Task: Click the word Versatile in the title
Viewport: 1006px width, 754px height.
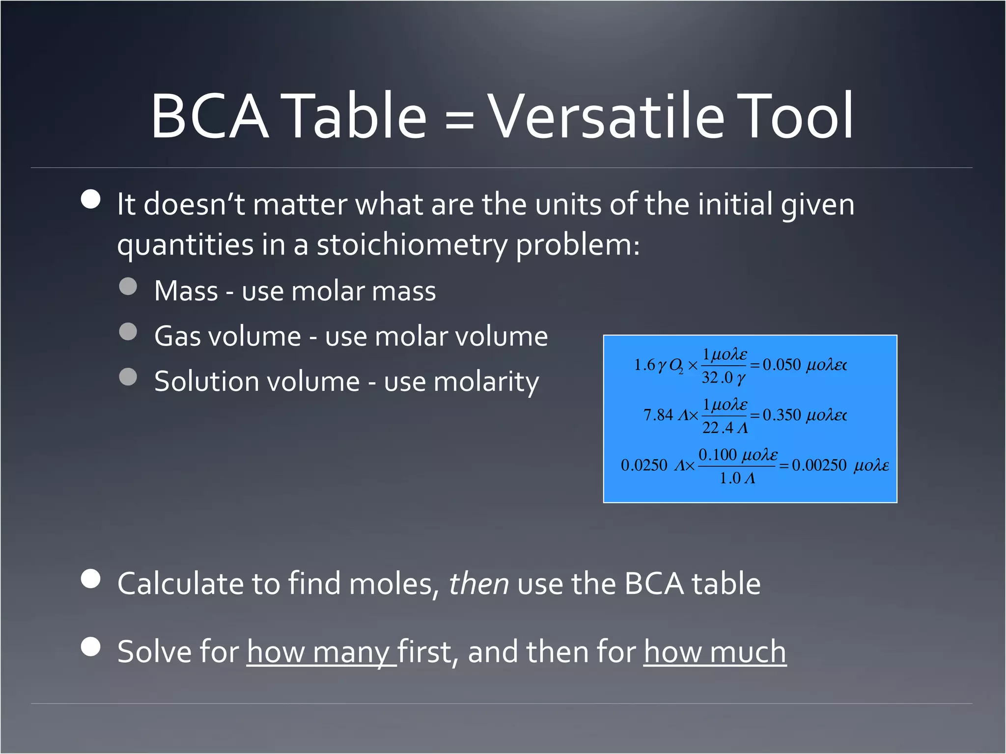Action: coord(607,117)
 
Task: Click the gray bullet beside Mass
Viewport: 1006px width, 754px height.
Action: coord(128,287)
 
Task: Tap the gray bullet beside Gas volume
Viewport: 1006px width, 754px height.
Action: coord(128,332)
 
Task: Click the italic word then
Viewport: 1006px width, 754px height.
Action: coord(478,584)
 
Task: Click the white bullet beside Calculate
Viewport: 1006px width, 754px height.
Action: coord(91,579)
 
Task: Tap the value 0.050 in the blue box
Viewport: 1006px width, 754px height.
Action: coord(782,365)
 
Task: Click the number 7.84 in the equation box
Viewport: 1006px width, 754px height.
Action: coord(658,415)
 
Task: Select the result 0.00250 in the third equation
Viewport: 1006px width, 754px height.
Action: coord(819,465)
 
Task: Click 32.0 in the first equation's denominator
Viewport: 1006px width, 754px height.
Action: coord(717,377)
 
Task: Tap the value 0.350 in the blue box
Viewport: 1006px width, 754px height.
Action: coord(782,415)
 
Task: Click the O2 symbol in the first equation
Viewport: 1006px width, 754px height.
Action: coord(676,366)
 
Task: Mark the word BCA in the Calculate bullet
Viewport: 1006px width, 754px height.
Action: coord(654,584)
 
